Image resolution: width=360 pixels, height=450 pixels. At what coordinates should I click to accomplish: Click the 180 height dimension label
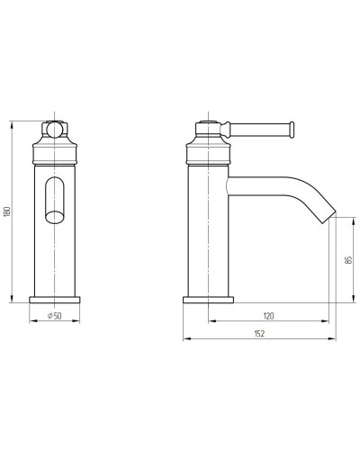tap(8, 211)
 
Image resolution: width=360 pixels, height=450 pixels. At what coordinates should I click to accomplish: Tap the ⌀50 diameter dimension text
tap(55, 316)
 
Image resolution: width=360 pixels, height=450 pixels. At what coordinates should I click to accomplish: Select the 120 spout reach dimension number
tap(268, 316)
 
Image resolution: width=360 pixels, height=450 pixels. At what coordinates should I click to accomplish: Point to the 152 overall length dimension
tap(259, 334)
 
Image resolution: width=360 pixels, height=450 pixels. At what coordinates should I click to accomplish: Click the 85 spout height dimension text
tap(348, 260)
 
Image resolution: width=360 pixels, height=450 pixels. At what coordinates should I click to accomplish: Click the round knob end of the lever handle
tap(292, 130)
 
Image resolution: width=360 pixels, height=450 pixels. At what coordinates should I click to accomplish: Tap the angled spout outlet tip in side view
tap(328, 217)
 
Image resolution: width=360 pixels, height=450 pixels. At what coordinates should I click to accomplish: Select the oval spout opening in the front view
tap(55, 200)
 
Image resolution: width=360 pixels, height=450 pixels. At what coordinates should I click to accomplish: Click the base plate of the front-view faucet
tap(55, 300)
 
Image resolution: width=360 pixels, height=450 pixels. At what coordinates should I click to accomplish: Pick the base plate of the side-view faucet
tap(208, 300)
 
